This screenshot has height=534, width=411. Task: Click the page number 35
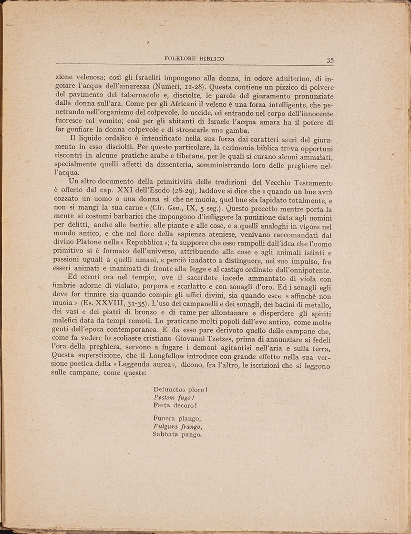pyautogui.click(x=330, y=60)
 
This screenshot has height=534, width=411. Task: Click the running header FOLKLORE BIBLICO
pyautogui.click(x=194, y=59)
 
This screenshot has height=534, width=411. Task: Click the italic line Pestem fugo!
pyautogui.click(x=174, y=397)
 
